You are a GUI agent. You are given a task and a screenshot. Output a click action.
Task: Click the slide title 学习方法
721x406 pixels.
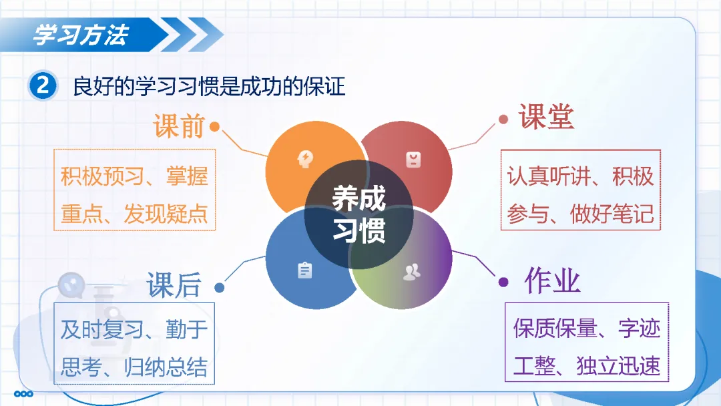(81, 35)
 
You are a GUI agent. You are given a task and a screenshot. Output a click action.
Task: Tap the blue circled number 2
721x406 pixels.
(43, 85)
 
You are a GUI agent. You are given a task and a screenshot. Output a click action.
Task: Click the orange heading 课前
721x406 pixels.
(179, 126)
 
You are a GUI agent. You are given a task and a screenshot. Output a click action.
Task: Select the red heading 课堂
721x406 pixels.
(546, 116)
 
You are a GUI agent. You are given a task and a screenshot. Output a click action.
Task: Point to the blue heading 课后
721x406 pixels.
(174, 285)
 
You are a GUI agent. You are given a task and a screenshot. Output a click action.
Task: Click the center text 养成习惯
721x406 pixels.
(359, 214)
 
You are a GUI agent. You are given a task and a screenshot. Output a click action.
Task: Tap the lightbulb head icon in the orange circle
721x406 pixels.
(305, 159)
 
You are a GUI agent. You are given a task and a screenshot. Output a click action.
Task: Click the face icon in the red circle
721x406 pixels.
(413, 160)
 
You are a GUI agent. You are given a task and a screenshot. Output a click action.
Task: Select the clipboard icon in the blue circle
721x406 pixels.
(304, 270)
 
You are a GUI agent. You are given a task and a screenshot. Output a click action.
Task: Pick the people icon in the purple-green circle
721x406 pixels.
(411, 272)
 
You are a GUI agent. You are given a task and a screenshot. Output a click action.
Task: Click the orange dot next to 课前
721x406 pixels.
(215, 126)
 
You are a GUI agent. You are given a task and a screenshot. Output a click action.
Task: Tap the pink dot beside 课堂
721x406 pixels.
(503, 120)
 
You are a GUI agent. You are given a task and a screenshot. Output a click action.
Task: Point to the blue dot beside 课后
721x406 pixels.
(220, 288)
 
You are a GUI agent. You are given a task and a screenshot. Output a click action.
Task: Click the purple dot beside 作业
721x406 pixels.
(503, 282)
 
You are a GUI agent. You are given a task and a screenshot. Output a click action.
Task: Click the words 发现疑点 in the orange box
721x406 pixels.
(166, 214)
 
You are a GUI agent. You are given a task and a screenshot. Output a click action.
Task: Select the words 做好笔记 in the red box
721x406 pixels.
(612, 214)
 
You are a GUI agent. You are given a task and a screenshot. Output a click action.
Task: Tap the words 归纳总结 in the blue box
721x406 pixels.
(166, 367)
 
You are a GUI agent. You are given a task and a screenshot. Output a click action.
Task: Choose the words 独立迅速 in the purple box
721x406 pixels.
(618, 365)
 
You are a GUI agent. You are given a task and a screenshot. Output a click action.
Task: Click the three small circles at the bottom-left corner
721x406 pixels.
(23, 393)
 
